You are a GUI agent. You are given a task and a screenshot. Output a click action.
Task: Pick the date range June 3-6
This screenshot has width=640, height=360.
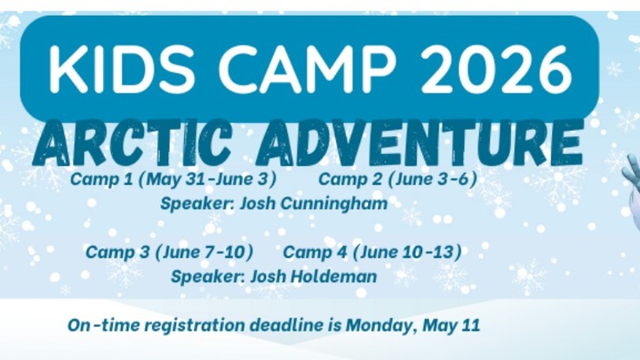click(432, 179)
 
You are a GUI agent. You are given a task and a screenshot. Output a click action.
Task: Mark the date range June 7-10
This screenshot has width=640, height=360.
click(204, 252)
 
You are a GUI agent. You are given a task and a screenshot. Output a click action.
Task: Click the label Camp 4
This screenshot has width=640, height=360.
click(315, 252)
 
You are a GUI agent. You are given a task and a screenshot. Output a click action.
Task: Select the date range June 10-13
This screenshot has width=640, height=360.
click(407, 252)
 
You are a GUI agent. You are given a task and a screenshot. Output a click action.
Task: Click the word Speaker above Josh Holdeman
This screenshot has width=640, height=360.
click(207, 276)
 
